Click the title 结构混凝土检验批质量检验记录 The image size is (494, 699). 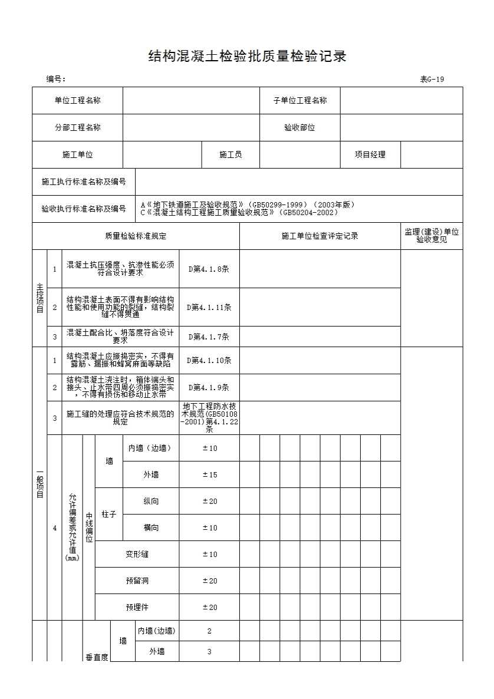coord(246,57)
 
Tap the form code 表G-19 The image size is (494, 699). coord(432,80)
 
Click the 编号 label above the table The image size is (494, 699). coord(56,80)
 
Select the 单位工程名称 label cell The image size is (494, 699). coord(77,100)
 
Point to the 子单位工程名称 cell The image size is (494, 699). coord(299,100)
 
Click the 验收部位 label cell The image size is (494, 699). coord(299,127)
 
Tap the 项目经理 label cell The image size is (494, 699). coord(370,154)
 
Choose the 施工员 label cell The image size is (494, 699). coord(230,154)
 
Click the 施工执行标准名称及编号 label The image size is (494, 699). coord(84,182)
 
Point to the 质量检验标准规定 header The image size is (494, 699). coord(136,236)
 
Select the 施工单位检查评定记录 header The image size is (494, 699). coord(320,236)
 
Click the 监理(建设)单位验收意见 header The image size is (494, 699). coord(432,236)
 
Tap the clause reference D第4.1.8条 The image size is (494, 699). coord(209,269)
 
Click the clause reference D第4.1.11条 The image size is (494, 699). coord(209,307)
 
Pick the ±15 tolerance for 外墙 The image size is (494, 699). coord(210,474)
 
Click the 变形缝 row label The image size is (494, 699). coord(137,554)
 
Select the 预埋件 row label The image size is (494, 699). coord(137,607)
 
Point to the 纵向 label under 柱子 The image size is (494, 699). coord(151,501)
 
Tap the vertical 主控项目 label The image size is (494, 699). coord(39,298)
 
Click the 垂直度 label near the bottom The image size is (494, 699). coord(97,657)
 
